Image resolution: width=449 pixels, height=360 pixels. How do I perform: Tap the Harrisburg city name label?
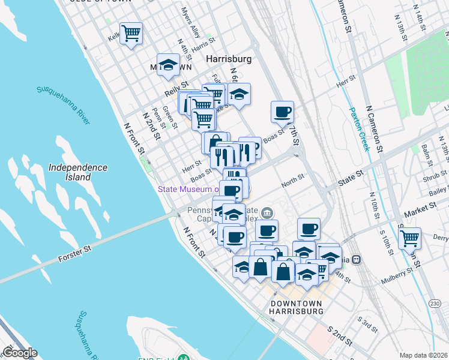[x=228, y=59]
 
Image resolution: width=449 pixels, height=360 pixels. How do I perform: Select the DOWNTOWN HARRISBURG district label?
[x=297, y=307]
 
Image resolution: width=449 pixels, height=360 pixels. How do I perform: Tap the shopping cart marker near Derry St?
[x=410, y=237]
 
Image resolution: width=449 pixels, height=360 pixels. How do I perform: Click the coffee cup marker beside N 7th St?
[x=282, y=110]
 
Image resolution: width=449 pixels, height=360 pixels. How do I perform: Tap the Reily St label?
[x=176, y=90]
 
